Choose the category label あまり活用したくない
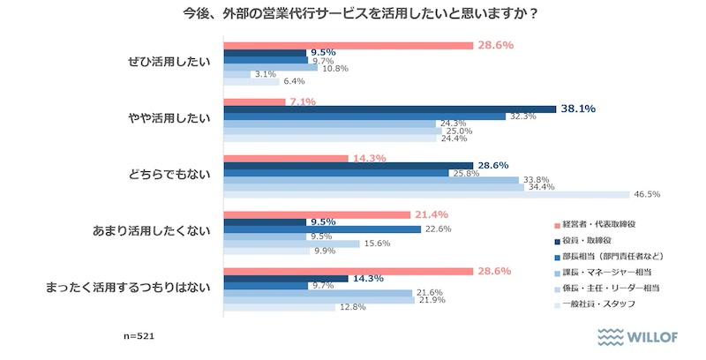click(152, 231)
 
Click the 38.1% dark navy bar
click(389, 109)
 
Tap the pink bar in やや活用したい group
click(254, 101)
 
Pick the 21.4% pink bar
click(317, 214)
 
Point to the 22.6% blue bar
click(322, 229)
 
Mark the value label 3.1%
click(266, 75)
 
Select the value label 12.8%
click(351, 307)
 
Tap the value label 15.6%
click(378, 244)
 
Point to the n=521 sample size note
click(139, 337)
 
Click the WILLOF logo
click(639, 336)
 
